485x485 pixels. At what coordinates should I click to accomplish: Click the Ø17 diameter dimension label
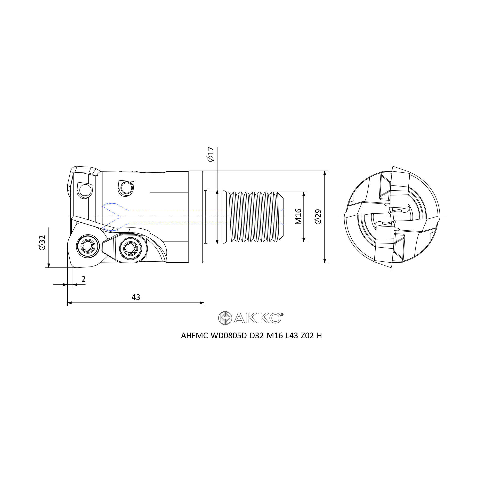pos(211,154)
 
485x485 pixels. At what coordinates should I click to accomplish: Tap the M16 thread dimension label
pos(298,216)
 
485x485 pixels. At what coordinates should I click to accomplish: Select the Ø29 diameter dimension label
pos(318,216)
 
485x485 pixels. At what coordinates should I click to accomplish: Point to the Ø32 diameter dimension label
pos(42,242)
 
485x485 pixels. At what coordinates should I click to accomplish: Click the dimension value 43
pos(136,297)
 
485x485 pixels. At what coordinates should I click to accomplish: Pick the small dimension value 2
pos(84,279)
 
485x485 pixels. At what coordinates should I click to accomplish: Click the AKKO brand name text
pos(257,318)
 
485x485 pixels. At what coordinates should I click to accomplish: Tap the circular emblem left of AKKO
pos(225,318)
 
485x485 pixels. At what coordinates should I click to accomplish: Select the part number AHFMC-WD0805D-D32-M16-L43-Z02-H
pos(251,336)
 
